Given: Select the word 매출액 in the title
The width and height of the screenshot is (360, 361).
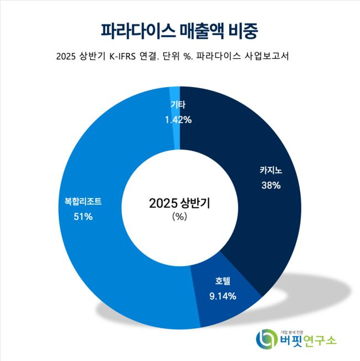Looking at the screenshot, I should (x=203, y=29).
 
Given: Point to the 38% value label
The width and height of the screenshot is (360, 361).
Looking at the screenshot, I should (x=271, y=185).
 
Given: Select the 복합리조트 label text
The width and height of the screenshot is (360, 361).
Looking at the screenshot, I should (x=83, y=202).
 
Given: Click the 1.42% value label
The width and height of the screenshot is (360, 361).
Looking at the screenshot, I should (x=178, y=119).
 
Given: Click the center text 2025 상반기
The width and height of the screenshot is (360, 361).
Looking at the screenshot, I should (x=180, y=203).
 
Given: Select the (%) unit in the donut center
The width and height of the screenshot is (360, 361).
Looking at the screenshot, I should (x=180, y=217).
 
